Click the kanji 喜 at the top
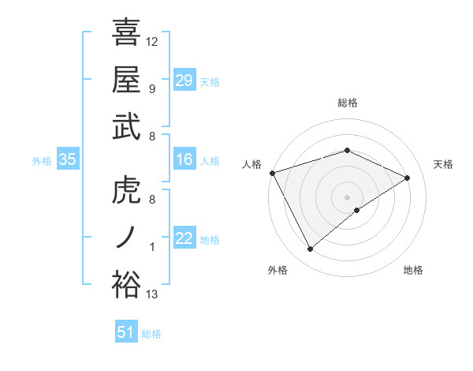[x=126, y=33]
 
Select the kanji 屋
[x=126, y=80]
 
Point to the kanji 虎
[x=126, y=190]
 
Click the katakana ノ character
[x=126, y=237]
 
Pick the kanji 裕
[x=126, y=284]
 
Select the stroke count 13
[x=152, y=294]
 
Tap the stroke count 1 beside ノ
[x=152, y=247]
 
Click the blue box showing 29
[x=184, y=81]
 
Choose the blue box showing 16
[x=184, y=160]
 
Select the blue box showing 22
[x=184, y=239]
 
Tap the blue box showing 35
[x=67, y=160]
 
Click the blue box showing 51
[x=125, y=332]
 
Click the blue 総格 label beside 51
[x=151, y=334]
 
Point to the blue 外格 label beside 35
[x=42, y=161]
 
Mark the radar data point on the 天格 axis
[x=408, y=178]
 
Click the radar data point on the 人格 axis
[x=272, y=173]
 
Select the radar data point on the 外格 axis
[x=310, y=249]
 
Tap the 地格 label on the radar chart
[x=413, y=270]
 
